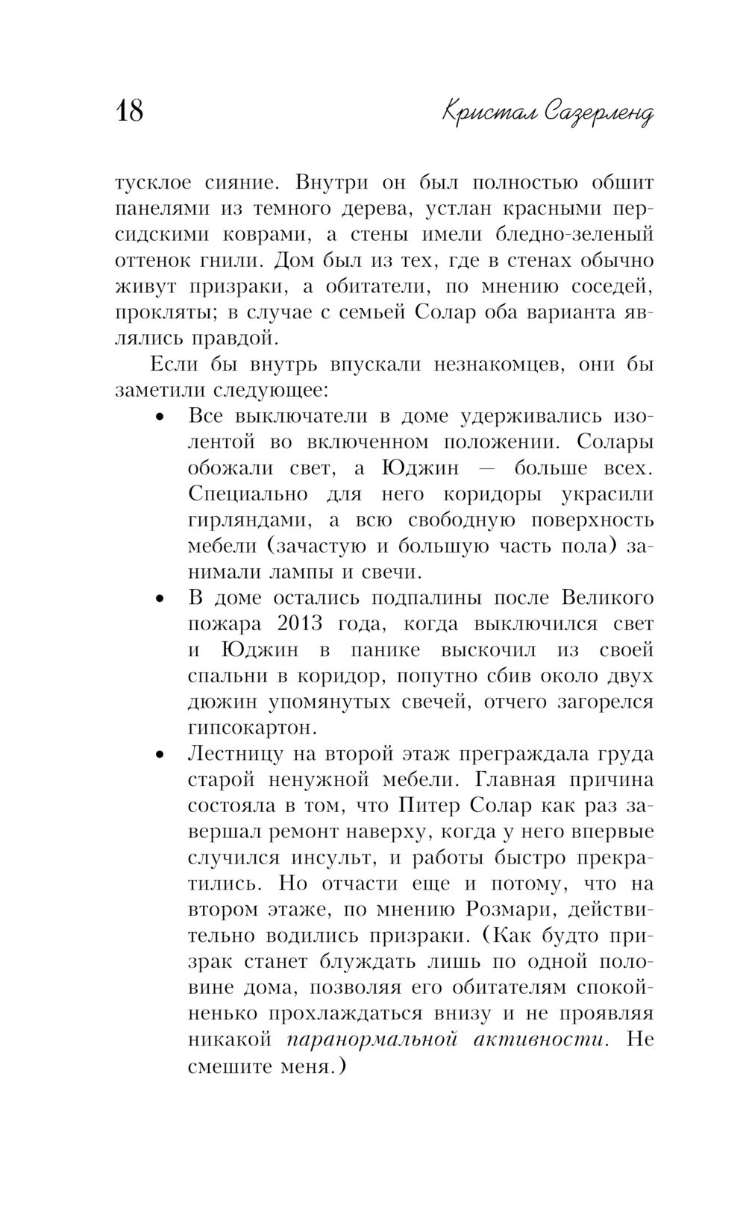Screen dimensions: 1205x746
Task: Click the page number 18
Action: (x=129, y=112)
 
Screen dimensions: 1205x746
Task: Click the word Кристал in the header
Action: (x=488, y=113)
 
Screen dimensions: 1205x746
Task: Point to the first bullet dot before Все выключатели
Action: (x=158, y=418)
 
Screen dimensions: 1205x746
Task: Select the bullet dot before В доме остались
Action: (x=158, y=599)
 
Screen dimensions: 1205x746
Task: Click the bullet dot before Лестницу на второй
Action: (x=158, y=755)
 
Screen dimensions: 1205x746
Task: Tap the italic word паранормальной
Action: (x=372, y=1039)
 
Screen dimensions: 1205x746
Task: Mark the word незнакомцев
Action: (x=494, y=364)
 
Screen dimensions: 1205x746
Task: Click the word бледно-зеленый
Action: (x=574, y=234)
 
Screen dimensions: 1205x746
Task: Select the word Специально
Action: (x=248, y=494)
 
